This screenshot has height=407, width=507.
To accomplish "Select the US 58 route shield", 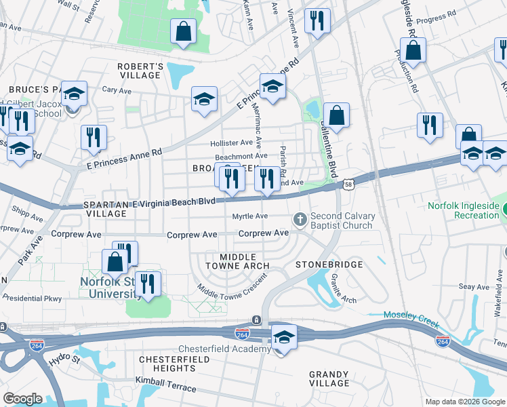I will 348,184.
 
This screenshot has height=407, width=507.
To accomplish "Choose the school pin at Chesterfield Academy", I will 284,338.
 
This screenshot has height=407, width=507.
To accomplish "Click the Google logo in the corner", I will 22,399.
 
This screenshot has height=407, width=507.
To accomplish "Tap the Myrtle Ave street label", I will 250,216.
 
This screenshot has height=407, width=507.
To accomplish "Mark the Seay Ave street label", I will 473,288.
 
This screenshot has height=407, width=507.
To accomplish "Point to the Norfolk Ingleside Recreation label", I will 464,211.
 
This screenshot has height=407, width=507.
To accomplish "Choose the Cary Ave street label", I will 116,90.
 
